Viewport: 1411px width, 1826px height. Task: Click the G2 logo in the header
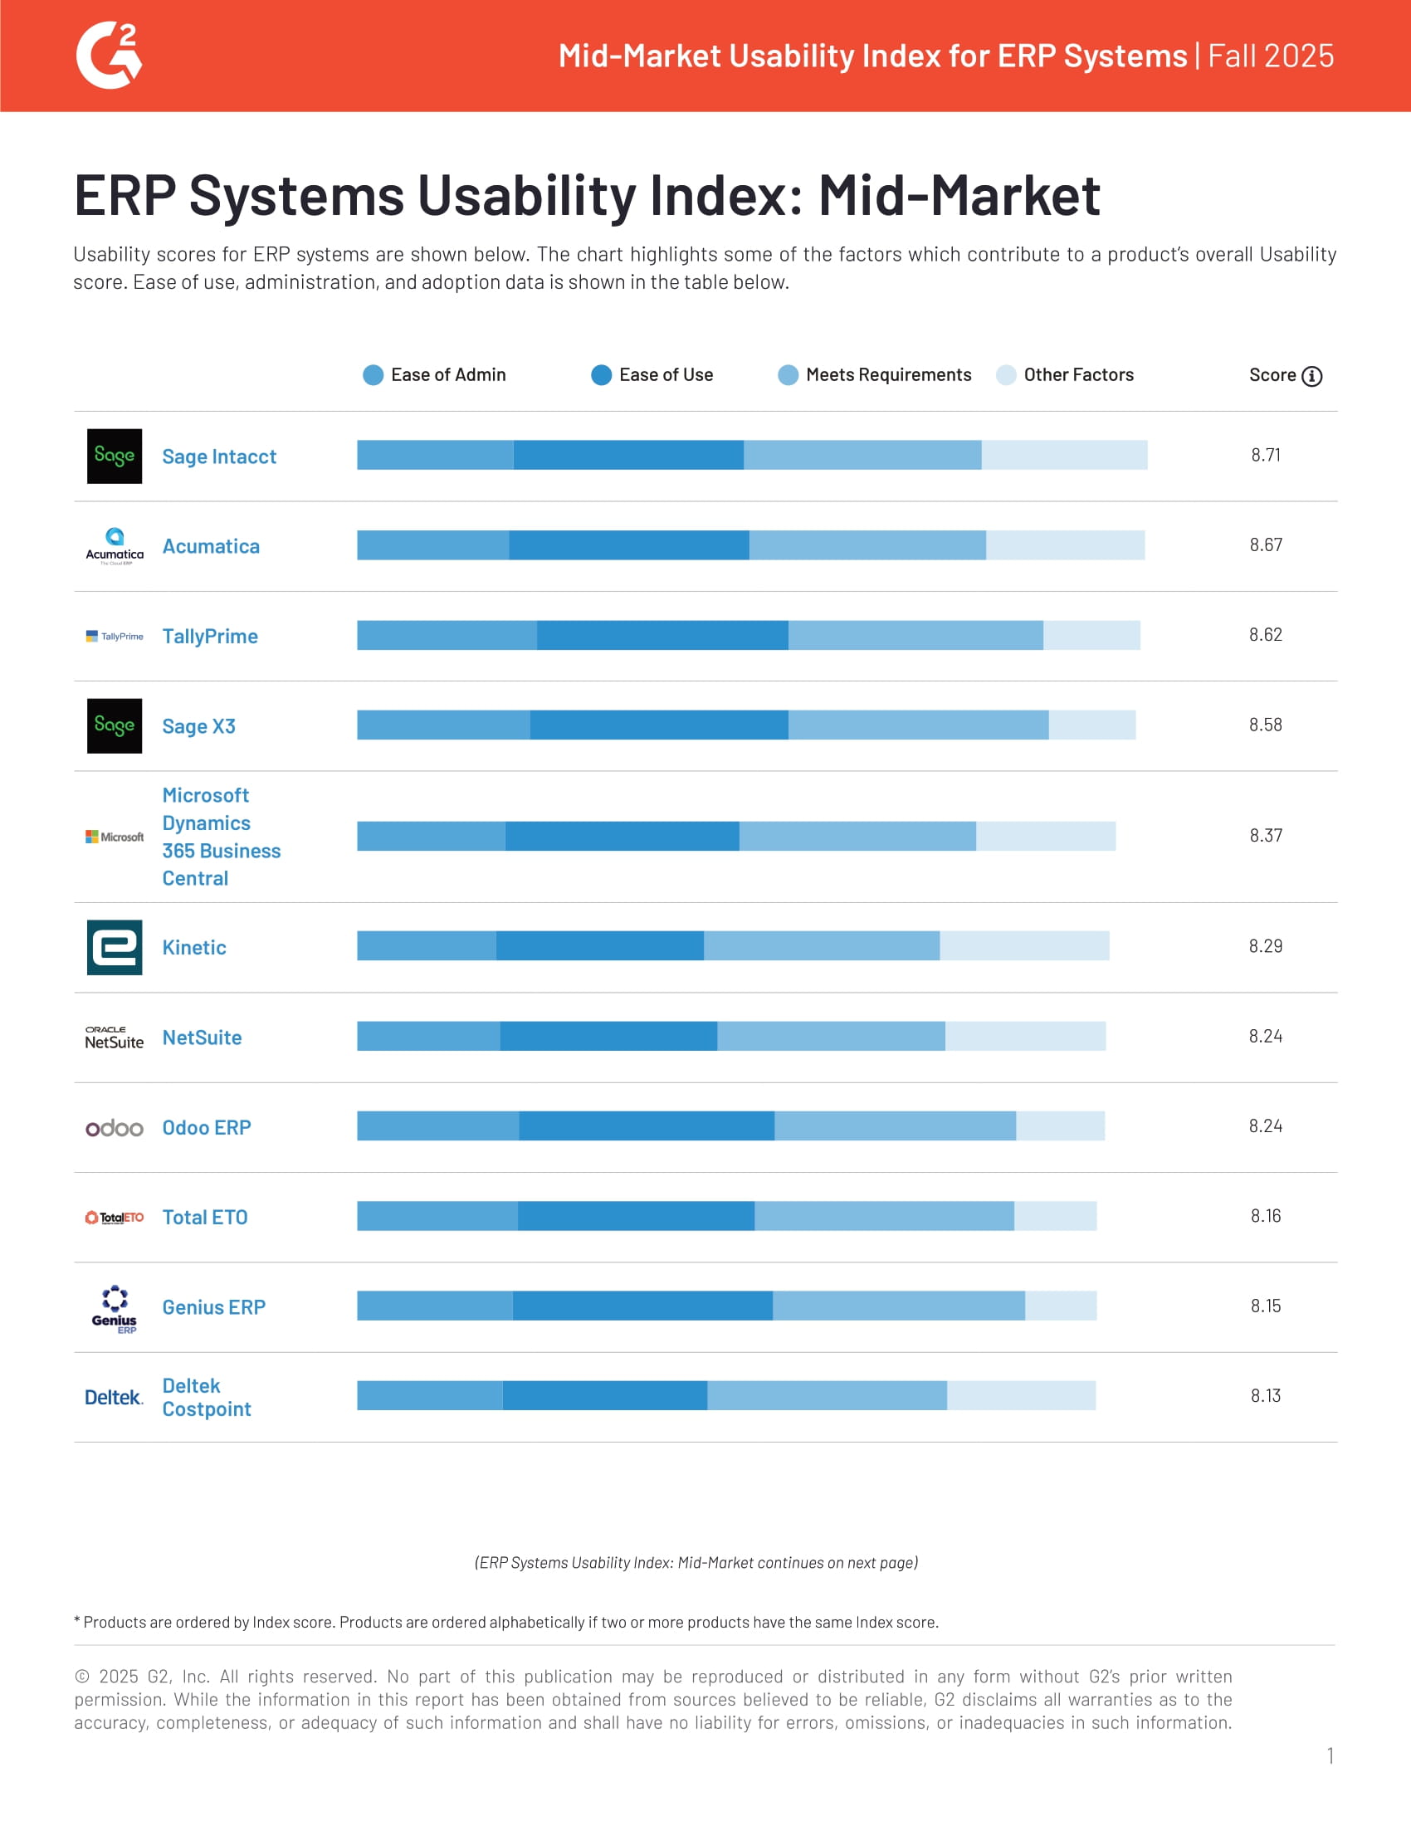pos(109,55)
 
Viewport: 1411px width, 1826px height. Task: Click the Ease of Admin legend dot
pos(373,374)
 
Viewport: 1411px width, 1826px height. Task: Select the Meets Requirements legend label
pos(888,374)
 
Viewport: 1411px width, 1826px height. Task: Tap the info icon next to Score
pos(1311,376)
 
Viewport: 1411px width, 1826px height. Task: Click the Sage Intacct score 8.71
pos(1265,455)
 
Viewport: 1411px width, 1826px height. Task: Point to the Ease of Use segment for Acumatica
pos(628,545)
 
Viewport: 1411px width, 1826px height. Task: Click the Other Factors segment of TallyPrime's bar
pos(1091,636)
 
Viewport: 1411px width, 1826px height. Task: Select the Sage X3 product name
pos(199,725)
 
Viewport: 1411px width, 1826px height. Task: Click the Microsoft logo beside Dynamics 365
pos(115,836)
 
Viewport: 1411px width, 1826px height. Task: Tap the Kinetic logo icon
pos(115,947)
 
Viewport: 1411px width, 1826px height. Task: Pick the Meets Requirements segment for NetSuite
pos(831,1036)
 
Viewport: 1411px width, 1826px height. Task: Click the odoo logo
pos(115,1128)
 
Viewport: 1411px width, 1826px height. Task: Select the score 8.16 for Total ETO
pos(1265,1216)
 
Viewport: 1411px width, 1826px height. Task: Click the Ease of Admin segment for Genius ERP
pos(435,1306)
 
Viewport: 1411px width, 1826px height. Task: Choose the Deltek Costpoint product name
pos(206,1397)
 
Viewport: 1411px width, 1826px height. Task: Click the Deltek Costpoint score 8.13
pos(1265,1395)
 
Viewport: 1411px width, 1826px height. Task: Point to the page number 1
pos(1330,1755)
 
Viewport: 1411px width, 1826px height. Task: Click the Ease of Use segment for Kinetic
pos(599,945)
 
